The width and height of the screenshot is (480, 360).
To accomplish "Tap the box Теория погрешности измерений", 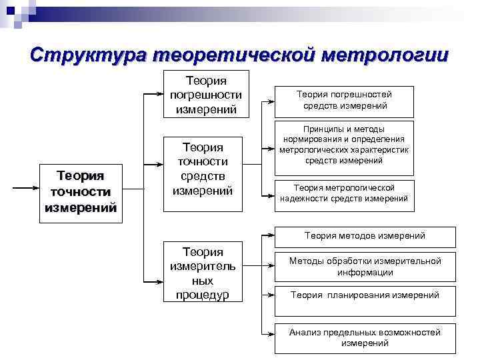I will point(206,94).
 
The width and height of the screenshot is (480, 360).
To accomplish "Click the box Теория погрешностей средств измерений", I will point(345,100).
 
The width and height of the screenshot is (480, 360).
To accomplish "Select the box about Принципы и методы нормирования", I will point(345,145).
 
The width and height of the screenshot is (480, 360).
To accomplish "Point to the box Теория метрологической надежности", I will point(345,193).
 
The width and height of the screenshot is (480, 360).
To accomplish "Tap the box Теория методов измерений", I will point(365,236).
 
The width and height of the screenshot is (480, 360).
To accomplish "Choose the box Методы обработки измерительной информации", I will point(365,267).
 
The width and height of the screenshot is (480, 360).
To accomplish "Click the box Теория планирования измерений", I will point(365,295).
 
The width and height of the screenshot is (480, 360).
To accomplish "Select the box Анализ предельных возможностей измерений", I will point(365,338).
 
